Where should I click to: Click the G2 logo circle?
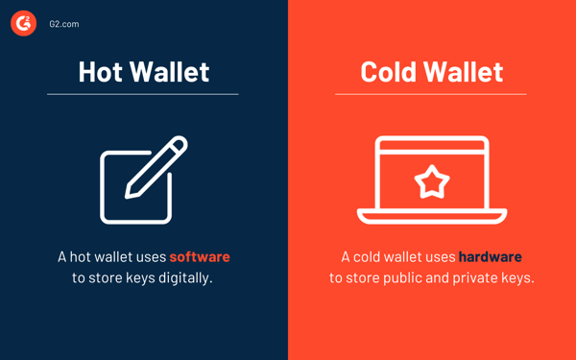[24, 23]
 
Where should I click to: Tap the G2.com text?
[64, 24]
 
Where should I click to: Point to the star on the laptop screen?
[432, 180]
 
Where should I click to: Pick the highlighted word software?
[200, 256]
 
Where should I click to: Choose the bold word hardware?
[490, 256]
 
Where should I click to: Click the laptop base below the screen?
[432, 217]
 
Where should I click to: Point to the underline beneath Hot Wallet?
[143, 94]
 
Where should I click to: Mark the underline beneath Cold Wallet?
[431, 94]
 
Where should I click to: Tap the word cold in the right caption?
[370, 256]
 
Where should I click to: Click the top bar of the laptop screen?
[432, 142]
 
